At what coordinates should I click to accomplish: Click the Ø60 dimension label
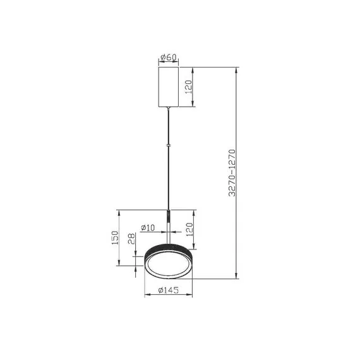pos(168,57)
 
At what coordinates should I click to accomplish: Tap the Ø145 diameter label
pos(168,290)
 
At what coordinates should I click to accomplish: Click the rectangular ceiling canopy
pos(168,87)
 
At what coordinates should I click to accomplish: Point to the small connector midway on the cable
pos(168,146)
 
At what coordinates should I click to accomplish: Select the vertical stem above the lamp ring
pos(169,227)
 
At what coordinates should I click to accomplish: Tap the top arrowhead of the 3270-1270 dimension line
pos(237,69)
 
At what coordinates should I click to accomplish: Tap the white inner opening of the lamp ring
pos(169,263)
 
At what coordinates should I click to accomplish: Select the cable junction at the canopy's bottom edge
pos(168,108)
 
